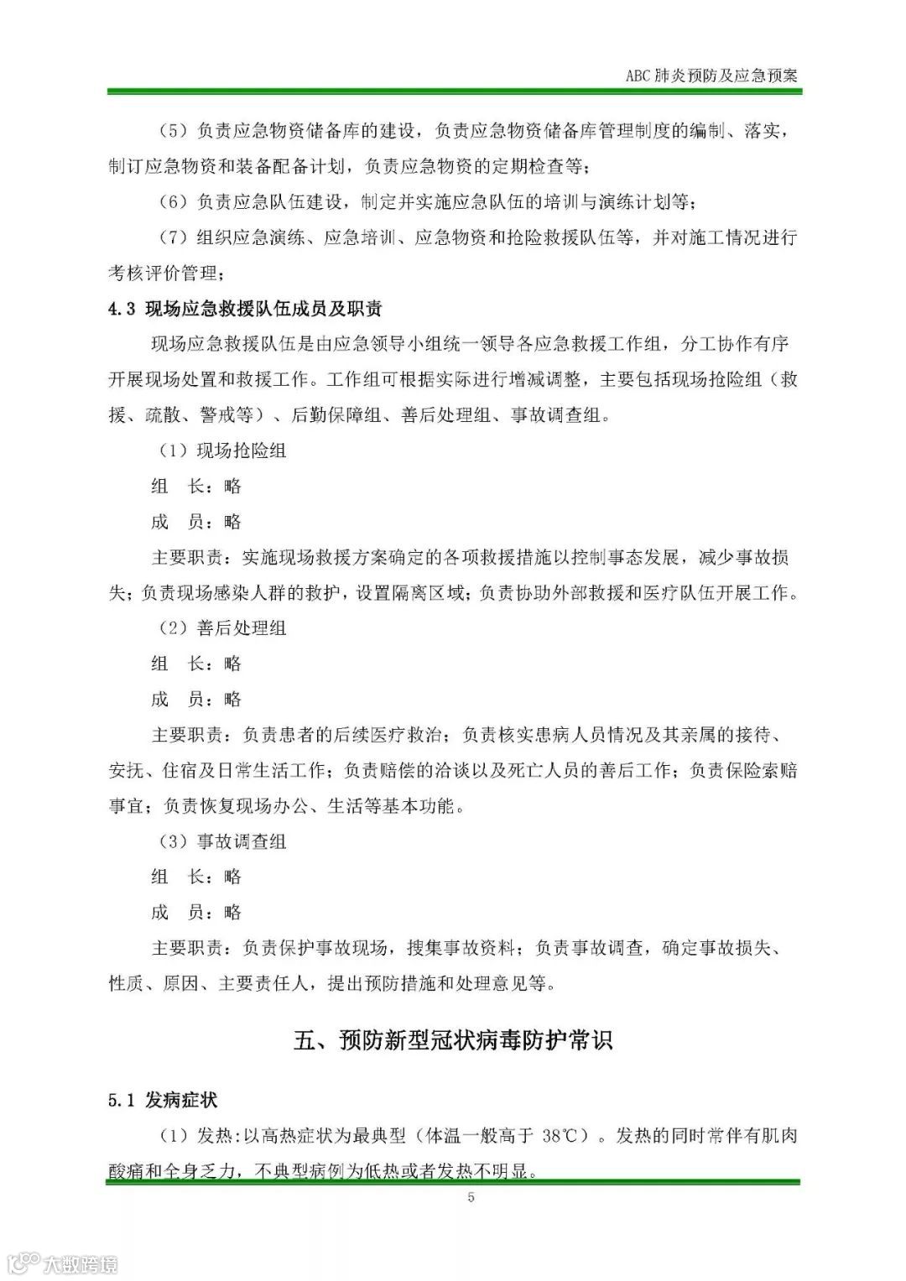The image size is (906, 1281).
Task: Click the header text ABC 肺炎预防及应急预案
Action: tap(711, 75)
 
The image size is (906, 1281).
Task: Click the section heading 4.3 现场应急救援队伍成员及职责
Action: tap(245, 309)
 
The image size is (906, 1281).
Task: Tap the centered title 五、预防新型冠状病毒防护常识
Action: tap(453, 1040)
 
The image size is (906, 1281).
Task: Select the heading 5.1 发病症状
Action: tap(164, 1100)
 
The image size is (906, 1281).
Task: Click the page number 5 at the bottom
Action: tap(471, 1197)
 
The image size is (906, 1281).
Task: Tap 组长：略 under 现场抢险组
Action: tap(196, 487)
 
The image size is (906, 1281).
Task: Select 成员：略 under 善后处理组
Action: tap(196, 699)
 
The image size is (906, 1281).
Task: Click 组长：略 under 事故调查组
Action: tap(196, 877)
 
